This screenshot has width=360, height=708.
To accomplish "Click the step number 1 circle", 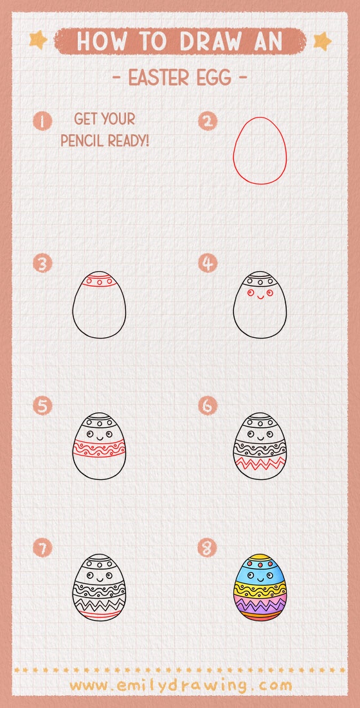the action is (42, 121).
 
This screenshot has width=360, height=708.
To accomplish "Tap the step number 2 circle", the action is (208, 121).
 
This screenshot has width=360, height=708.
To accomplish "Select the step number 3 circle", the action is (42, 263).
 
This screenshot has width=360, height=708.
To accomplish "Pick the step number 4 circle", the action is (208, 263).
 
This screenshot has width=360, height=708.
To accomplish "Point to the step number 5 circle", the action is (42, 405).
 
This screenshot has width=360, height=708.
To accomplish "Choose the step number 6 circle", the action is (208, 405).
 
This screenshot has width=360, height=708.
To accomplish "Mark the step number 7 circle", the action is (42, 548).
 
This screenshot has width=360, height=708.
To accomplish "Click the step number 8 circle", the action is (208, 548).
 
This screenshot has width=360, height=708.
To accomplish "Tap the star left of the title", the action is (39, 40).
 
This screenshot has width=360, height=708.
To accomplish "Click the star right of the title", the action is (322, 41).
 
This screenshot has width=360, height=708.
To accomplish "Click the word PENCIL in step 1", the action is (81, 141).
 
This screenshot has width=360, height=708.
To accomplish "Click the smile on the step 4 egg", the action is (260, 297).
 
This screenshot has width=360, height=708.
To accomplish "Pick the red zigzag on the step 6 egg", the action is (260, 463).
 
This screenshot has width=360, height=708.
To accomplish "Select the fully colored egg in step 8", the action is (260, 587).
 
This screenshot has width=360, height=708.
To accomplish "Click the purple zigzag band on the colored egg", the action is (260, 604).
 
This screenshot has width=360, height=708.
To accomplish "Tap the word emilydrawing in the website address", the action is (180, 686).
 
